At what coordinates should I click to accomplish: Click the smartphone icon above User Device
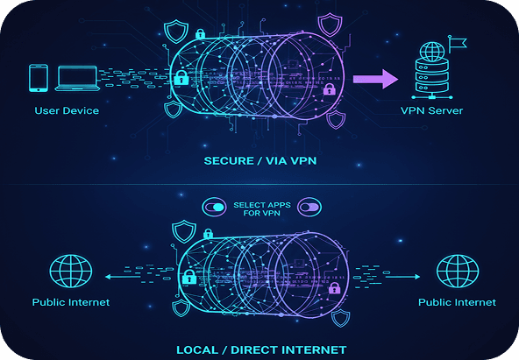38,77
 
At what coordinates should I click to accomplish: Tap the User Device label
67,111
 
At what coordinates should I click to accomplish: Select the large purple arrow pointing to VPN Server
375,80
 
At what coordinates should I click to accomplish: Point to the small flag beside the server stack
456,41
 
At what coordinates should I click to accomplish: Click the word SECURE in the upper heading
228,161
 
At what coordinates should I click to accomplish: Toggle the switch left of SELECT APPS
214,208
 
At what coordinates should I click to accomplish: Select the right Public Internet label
457,302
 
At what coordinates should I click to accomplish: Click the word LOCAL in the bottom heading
199,349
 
